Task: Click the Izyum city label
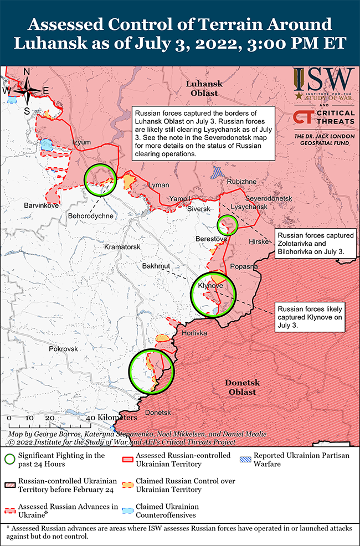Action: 81,142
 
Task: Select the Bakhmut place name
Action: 156,266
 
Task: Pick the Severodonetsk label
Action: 268,198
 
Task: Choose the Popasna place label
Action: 244,266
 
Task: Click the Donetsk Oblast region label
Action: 240,387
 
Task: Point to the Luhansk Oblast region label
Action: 204,88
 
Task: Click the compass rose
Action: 27,90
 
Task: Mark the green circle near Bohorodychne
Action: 101,180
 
